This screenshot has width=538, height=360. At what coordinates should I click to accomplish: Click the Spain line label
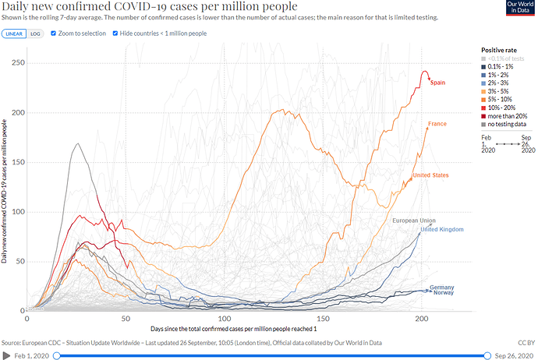[437, 83]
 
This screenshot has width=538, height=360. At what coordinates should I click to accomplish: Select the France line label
[437, 125]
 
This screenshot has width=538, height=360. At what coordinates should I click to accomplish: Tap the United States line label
[430, 175]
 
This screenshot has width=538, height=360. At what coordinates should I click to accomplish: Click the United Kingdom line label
[442, 229]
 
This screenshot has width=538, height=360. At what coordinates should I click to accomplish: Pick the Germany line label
[441, 288]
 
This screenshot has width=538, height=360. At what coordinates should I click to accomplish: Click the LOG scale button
[36, 34]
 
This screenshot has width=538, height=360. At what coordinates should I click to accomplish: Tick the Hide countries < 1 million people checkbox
[115, 34]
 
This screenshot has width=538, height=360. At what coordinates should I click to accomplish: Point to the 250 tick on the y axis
[17, 62]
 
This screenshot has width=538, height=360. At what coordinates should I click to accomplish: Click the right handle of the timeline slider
[488, 356]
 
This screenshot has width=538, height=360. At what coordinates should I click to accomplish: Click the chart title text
[140, 7]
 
